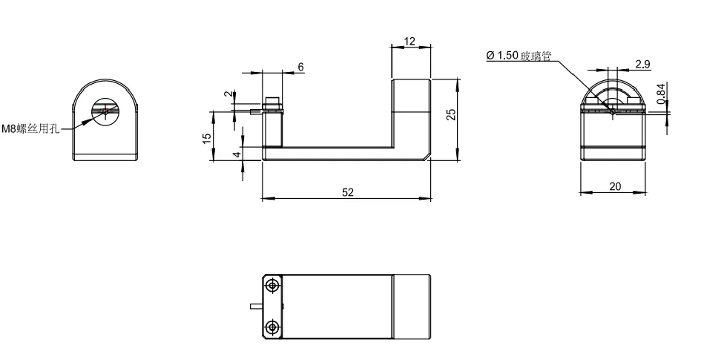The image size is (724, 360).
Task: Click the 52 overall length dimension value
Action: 348,192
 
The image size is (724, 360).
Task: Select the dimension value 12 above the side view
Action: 410,42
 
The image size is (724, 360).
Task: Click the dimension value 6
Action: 300,67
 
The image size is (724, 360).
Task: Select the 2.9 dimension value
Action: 642,64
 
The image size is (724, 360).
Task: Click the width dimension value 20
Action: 615,186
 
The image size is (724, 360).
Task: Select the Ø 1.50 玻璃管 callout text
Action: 519,56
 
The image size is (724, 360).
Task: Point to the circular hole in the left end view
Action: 106,112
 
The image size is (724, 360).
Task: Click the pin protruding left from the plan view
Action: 257,305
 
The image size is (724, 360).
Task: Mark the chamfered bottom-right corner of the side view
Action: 427,156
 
